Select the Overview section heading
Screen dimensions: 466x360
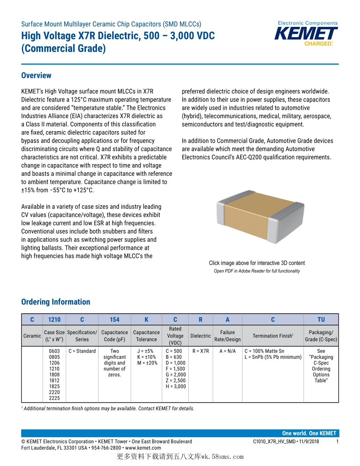pyautogui.click(x=36, y=75)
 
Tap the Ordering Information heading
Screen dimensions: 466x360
pyautogui.click(x=56, y=302)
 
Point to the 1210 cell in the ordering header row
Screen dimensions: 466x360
pyautogui.click(x=54, y=320)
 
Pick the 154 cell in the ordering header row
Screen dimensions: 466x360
pyautogui.click(x=114, y=320)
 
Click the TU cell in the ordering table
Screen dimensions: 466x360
pyautogui.click(x=321, y=320)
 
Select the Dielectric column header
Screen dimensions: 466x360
pyautogui.click(x=200, y=336)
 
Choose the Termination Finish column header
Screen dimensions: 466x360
pyautogui.click(x=273, y=336)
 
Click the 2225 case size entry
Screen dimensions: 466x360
pyautogui.click(x=54, y=398)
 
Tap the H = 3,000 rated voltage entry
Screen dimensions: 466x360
pyautogui.click(x=176, y=386)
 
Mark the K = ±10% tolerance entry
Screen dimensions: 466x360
pyautogui.click(x=147, y=357)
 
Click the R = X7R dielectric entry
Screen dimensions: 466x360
pyautogui.click(x=200, y=351)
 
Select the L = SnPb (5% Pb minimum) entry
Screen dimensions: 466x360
pyautogui.click(x=273, y=357)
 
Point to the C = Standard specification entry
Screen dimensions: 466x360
pyautogui.click(x=82, y=351)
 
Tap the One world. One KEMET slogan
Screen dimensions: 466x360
pyautogui.click(x=309, y=433)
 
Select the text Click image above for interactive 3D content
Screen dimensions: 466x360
pyautogui.click(x=257, y=263)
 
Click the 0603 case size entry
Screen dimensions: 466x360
pyautogui.click(x=54, y=351)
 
